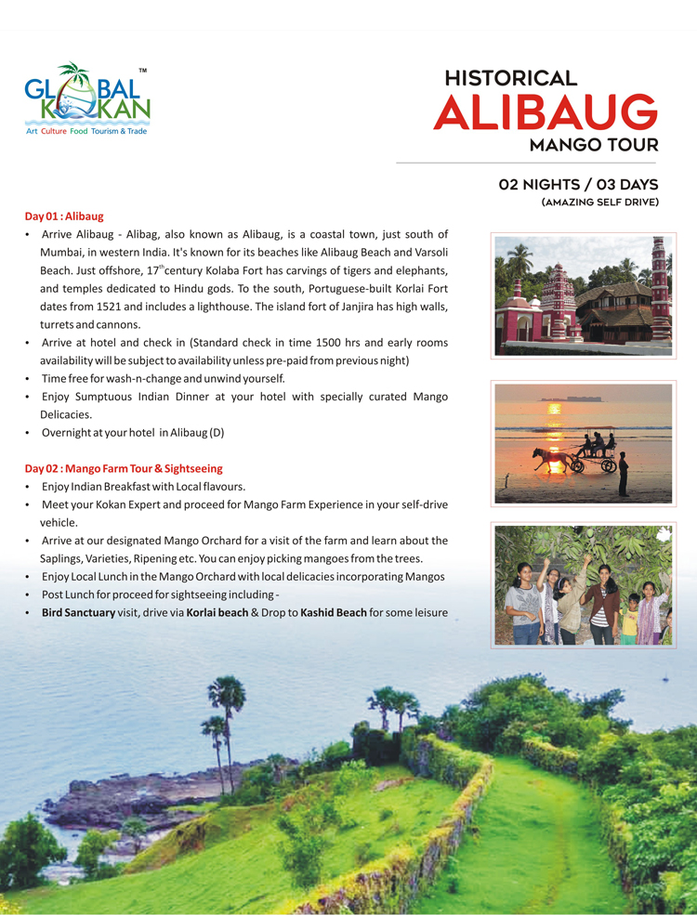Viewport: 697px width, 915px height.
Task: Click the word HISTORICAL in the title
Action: (x=510, y=79)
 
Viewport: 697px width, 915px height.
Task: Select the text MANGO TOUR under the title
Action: (x=594, y=145)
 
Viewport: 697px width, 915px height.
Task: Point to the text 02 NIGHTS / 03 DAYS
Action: (x=578, y=184)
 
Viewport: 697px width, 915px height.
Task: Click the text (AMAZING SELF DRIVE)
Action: (x=599, y=202)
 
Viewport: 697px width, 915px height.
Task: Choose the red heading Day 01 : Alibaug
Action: (x=64, y=216)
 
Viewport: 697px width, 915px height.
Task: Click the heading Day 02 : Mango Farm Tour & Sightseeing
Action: (x=124, y=468)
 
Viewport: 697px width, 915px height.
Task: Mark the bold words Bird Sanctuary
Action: (x=79, y=613)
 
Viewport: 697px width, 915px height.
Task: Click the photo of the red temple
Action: (x=584, y=295)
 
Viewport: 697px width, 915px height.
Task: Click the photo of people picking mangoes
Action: (x=584, y=585)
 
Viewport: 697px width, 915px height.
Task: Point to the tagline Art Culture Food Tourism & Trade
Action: (x=86, y=132)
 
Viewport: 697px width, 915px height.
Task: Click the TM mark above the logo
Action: (x=142, y=71)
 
